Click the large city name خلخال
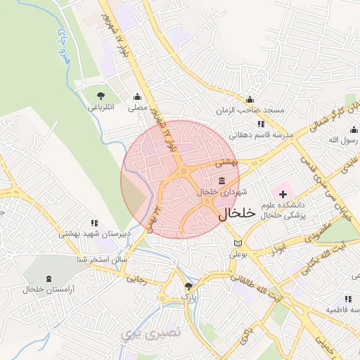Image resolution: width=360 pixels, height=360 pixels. pos(234,214)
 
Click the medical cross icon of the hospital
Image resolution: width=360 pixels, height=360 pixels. pos(283,193)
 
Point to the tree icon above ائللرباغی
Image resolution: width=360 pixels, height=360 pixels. pos(101,96)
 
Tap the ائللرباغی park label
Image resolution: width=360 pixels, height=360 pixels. pos(101,108)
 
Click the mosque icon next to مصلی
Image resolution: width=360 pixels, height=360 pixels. pos(136,97)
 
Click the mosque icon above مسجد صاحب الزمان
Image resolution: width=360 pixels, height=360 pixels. pos(250,99)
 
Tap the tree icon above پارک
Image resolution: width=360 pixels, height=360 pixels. pos(188,285)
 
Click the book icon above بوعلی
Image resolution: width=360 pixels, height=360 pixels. pos(238,243)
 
